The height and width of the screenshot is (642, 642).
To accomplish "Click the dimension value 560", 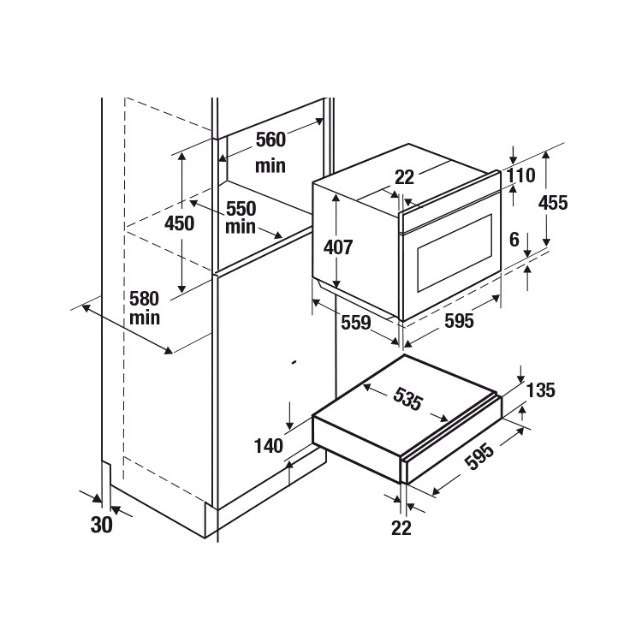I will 270,140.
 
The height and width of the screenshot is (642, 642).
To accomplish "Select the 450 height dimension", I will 180,223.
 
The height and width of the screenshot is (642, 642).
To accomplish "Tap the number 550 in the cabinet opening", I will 241,208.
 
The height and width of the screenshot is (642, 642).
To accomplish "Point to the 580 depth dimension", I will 145,299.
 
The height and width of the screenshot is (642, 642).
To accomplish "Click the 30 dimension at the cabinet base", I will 102,525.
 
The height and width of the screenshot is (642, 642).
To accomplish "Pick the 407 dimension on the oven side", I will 338,247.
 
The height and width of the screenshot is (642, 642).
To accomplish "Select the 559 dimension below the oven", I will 355,323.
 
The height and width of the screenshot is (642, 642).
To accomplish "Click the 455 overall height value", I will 553,203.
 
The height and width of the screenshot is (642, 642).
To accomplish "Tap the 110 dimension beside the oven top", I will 520,176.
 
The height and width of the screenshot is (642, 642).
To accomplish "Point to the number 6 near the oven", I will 514,241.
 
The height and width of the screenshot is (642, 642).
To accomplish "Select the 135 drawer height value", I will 540,390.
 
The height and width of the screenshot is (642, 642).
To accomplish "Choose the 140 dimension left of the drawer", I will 269,445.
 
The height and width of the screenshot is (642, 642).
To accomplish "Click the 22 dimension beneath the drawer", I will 401,527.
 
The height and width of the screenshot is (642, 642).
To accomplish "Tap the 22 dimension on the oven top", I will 404,177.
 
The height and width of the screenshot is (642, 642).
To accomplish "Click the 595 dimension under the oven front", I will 458,321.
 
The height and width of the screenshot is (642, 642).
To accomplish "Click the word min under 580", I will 145,318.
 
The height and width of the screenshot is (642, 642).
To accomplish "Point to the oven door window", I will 454,252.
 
